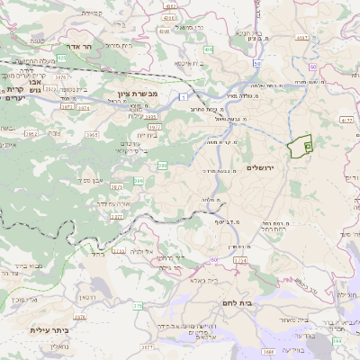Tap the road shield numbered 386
tap(163, 166)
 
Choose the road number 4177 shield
tap(347, 118)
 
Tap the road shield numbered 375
tap(138, 306)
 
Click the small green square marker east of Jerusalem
tap(308, 144)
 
